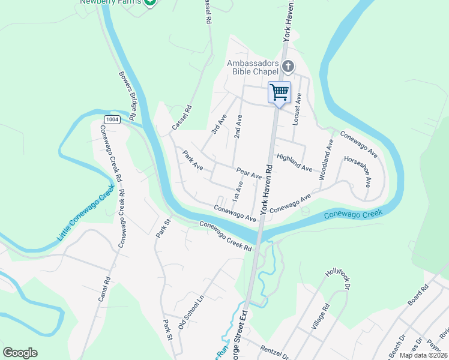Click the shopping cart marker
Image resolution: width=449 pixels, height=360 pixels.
(279, 92)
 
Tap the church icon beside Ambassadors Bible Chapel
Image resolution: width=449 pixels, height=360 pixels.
(288, 66)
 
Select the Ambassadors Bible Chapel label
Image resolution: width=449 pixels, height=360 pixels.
(253, 68)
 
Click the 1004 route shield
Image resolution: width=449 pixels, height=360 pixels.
(111, 119)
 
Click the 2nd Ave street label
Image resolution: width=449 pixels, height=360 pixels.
(238, 124)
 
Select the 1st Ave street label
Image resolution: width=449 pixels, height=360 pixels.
(238, 190)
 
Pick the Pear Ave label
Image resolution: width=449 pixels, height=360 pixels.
(249, 173)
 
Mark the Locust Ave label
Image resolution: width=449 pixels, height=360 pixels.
(296, 109)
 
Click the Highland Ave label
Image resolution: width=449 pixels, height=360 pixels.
(294, 163)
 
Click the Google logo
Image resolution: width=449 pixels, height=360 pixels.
(20, 353)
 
